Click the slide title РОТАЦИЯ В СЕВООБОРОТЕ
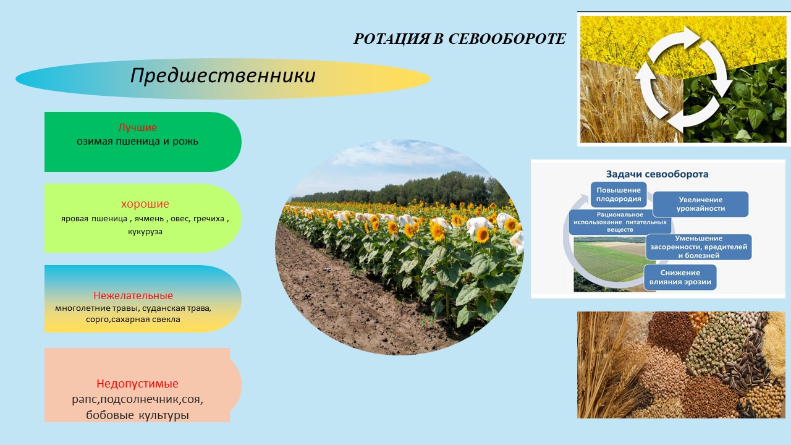(x=459, y=39)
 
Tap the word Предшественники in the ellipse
(x=223, y=75)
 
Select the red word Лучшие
(x=137, y=127)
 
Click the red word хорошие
(x=145, y=204)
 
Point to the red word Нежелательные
(x=133, y=295)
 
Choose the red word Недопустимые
(x=137, y=383)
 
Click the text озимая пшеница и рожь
(x=137, y=142)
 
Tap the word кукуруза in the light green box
(x=145, y=232)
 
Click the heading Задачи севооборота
(x=657, y=174)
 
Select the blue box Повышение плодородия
(x=619, y=195)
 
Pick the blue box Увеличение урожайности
(x=701, y=204)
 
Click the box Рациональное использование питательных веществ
(x=620, y=222)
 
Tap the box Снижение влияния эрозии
(x=680, y=278)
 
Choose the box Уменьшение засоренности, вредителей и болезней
(x=699, y=247)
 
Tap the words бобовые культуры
(x=137, y=415)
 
